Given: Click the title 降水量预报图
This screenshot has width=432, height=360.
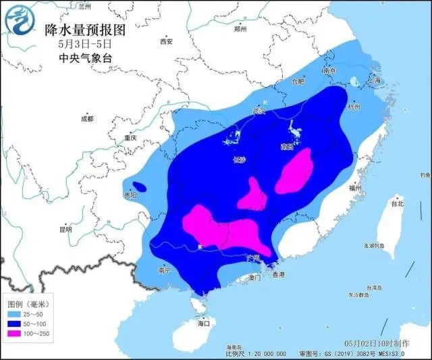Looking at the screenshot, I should pyautogui.click(x=85, y=30).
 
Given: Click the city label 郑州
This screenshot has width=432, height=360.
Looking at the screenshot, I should pyautogui.click(x=241, y=29).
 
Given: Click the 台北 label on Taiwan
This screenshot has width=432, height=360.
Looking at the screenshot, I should pyautogui.click(x=397, y=203).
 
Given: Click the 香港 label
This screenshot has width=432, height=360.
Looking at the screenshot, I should pyautogui.click(x=277, y=275).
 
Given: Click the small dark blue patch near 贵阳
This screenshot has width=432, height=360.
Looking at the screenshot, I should pyautogui.click(x=139, y=186).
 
